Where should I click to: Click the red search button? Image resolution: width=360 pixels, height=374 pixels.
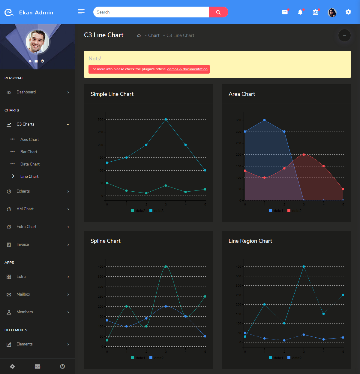(218, 12)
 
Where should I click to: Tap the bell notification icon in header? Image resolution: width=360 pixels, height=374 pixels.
(300, 12)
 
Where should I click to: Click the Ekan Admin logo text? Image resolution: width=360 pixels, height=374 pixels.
(36, 13)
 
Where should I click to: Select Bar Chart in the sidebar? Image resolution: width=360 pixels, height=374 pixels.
(29, 152)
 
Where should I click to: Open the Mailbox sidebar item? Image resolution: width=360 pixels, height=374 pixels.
(23, 294)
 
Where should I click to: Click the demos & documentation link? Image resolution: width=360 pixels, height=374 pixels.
(187, 69)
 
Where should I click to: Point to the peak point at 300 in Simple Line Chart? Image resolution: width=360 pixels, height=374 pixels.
(166, 120)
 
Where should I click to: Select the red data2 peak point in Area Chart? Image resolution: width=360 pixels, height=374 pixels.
(304, 155)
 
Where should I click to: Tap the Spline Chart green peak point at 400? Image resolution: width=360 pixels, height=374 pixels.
(166, 266)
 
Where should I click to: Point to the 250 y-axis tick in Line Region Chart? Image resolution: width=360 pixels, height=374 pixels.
(238, 295)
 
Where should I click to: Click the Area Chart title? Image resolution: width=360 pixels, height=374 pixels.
(242, 94)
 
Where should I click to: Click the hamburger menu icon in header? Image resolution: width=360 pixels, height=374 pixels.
(81, 12)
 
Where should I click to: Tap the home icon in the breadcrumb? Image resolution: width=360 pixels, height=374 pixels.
(139, 36)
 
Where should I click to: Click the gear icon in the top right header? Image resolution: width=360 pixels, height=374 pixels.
(348, 12)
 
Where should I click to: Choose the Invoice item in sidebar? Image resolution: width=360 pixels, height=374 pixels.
(23, 245)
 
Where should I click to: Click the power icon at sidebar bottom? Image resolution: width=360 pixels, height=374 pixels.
(62, 366)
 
